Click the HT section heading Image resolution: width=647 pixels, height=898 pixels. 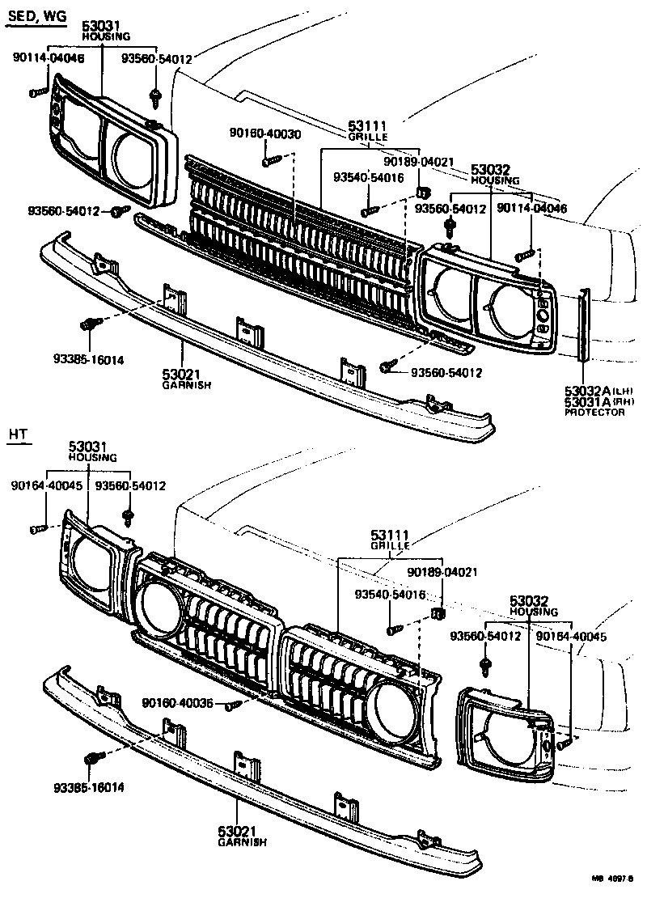click(x=19, y=434)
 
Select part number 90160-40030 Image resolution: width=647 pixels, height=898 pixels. click(x=264, y=134)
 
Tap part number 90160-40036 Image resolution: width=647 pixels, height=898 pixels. click(x=177, y=703)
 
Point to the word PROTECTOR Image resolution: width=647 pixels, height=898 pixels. click(x=594, y=412)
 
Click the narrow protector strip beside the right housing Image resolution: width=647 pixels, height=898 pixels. click(x=582, y=324)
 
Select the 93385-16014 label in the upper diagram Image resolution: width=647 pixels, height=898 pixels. click(x=82, y=358)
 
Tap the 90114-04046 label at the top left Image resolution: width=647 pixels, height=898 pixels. click(x=48, y=57)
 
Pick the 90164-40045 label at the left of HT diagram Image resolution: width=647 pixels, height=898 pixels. click(x=47, y=486)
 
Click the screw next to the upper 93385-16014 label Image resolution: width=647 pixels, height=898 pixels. click(x=90, y=324)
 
